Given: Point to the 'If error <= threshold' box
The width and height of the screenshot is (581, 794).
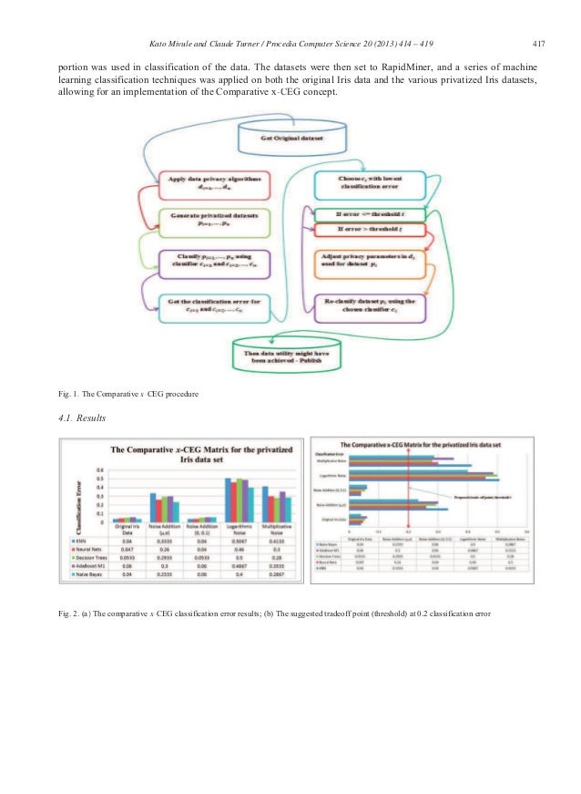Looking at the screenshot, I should click(368, 215).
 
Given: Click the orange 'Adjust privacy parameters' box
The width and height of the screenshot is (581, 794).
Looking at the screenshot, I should click(368, 263).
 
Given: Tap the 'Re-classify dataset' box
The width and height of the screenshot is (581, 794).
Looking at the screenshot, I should click(368, 304).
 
